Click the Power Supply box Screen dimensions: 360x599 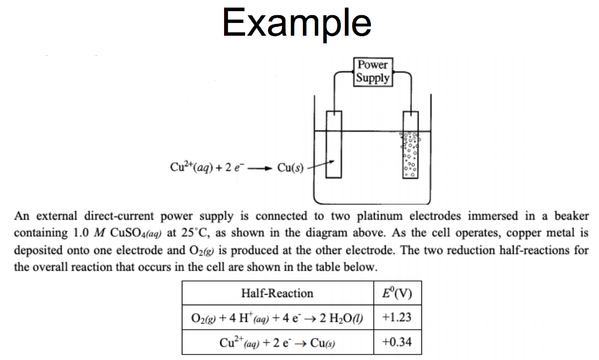(x=373, y=71)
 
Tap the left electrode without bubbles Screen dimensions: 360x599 (x=333, y=144)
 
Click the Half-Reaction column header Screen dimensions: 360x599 (x=277, y=293)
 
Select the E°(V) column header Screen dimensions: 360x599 (x=396, y=293)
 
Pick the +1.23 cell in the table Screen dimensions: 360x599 (x=396, y=317)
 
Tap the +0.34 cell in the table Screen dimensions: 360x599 (x=396, y=342)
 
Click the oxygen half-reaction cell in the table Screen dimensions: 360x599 (x=277, y=318)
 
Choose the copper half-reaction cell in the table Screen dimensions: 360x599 (x=277, y=342)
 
